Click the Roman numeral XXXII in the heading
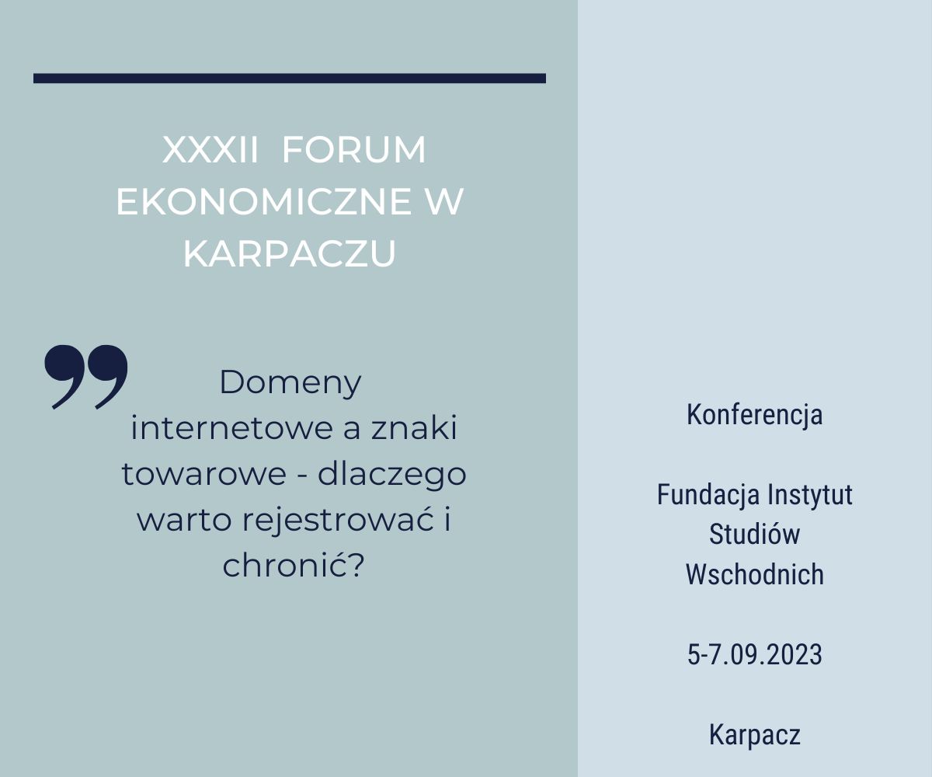click(x=210, y=150)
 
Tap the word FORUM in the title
click(x=354, y=150)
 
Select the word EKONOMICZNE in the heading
click(x=263, y=202)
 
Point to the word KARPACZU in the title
click(x=290, y=253)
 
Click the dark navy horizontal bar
click(x=290, y=78)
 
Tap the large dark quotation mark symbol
click(x=86, y=376)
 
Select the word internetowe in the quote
click(x=232, y=428)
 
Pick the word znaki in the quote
click(x=414, y=428)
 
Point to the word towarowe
click(x=204, y=474)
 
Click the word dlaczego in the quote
click(x=392, y=475)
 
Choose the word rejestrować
click(x=339, y=521)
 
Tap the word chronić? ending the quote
click(x=294, y=566)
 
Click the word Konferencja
click(x=755, y=415)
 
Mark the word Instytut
click(x=810, y=495)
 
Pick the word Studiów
click(x=755, y=534)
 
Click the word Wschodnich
click(x=755, y=574)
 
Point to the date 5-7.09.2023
click(x=755, y=655)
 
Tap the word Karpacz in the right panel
click(x=755, y=735)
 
